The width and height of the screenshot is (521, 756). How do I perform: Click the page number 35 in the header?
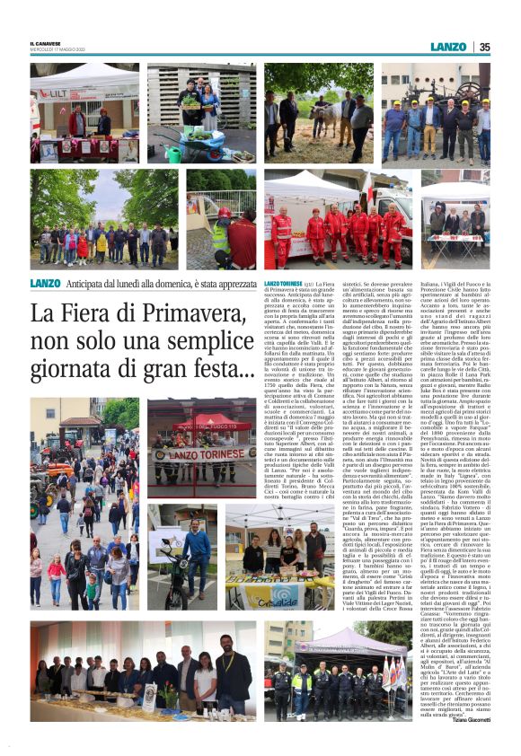pos(483,47)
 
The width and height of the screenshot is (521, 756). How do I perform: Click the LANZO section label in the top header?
pos(448,47)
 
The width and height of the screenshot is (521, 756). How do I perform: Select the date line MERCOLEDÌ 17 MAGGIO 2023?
pos(55,50)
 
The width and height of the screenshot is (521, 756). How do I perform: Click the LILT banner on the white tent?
pos(56,92)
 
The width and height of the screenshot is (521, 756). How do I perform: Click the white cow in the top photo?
pos(320,107)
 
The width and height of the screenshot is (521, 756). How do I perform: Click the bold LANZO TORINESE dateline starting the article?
pos(284,283)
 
